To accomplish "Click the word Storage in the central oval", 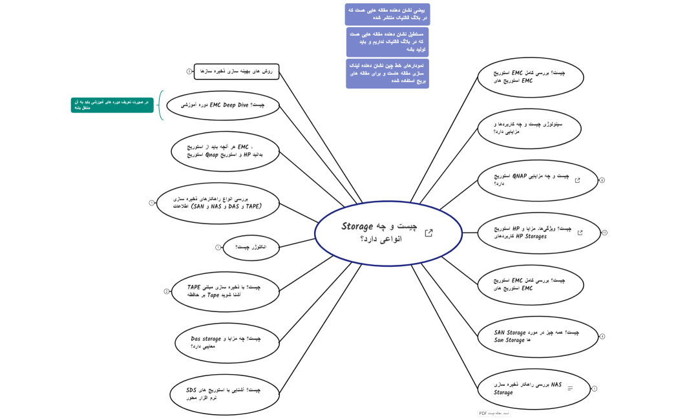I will coord(357,227).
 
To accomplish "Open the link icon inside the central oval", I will coord(429,233).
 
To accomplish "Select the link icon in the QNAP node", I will coord(577,181).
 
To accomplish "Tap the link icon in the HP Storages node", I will coord(580,233).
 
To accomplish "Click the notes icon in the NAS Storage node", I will coord(570,388).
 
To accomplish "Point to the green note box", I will coord(112,105).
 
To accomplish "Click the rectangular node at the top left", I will coord(236,71).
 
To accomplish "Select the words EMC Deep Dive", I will coord(229,105).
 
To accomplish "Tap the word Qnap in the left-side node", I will coord(215,155).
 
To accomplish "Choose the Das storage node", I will coord(226,342).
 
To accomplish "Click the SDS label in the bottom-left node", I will coord(191,390).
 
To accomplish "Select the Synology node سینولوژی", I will coord(529,127).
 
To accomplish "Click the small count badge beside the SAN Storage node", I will coord(602,337).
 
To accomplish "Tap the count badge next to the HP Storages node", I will coord(604,233).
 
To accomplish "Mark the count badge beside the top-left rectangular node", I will coord(189,72).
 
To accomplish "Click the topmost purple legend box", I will coord(387,14).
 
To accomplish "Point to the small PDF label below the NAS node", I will coord(494,413).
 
